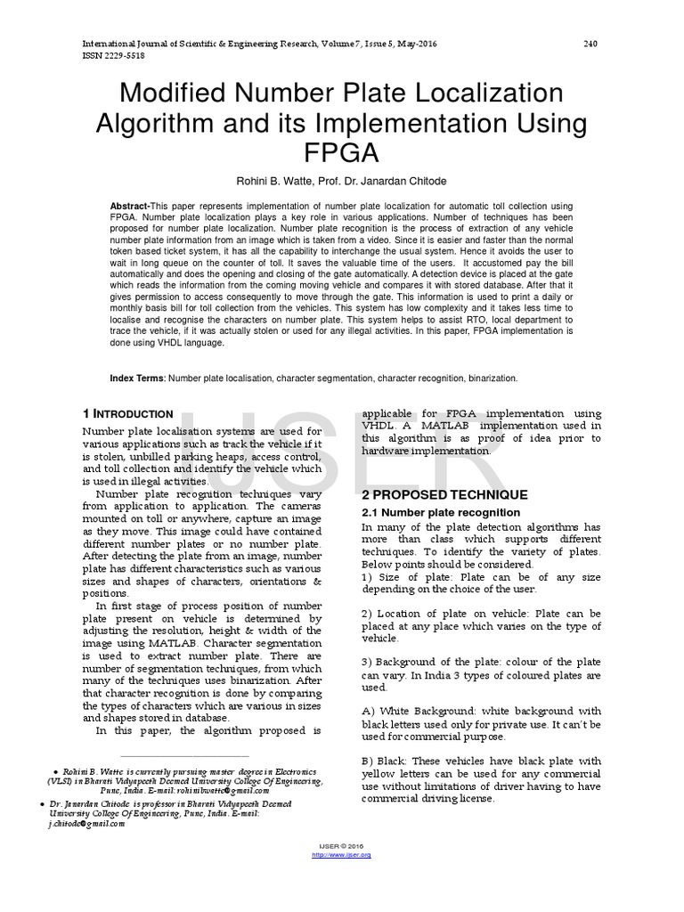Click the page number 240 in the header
[x=590, y=44]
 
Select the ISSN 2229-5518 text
[x=113, y=55]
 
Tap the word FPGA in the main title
[x=342, y=152]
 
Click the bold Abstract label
[x=130, y=207]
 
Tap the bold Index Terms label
[x=137, y=379]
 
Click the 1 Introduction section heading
[x=127, y=414]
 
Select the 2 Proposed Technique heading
[x=444, y=494]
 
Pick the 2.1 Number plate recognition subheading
[x=441, y=513]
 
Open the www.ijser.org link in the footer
[x=341, y=855]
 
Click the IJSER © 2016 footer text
[x=341, y=846]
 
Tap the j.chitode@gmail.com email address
[x=86, y=824]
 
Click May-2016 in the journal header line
[x=417, y=44]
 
